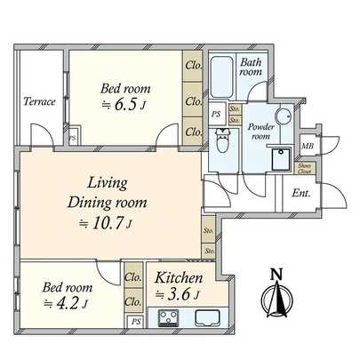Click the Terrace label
point(39,101)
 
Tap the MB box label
point(308,146)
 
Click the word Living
point(107,182)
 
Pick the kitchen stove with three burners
point(167,318)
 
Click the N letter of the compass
point(277,274)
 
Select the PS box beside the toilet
point(215,114)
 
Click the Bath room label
point(252,68)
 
